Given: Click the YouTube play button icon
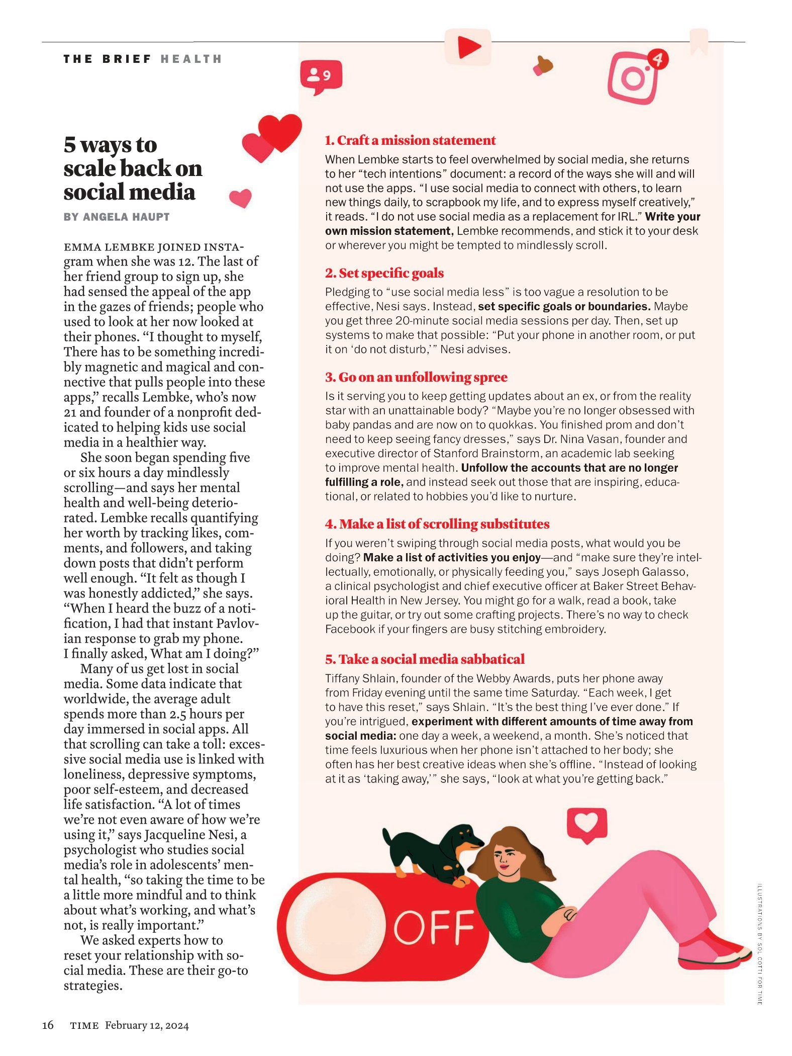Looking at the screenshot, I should tap(468, 47).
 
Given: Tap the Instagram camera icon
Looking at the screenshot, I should tap(634, 77).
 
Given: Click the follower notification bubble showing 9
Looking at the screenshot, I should tap(321, 76).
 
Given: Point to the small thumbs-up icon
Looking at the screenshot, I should tap(543, 65).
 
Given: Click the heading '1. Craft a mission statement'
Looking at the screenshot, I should tap(410, 140).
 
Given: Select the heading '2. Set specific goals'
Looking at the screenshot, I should tap(384, 273).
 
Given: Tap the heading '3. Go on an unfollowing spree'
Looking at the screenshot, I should tap(416, 377).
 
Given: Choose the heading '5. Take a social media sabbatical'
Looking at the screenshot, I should tap(425, 659).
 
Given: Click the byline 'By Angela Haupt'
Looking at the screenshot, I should tap(117, 217).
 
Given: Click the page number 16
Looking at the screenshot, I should tap(48, 1025).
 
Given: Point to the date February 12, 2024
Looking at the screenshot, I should tap(147, 1025).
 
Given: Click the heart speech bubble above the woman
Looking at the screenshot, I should tap(586, 824).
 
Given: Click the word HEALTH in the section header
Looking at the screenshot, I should tap(191, 59).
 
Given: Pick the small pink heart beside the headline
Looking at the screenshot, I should tap(241, 198).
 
